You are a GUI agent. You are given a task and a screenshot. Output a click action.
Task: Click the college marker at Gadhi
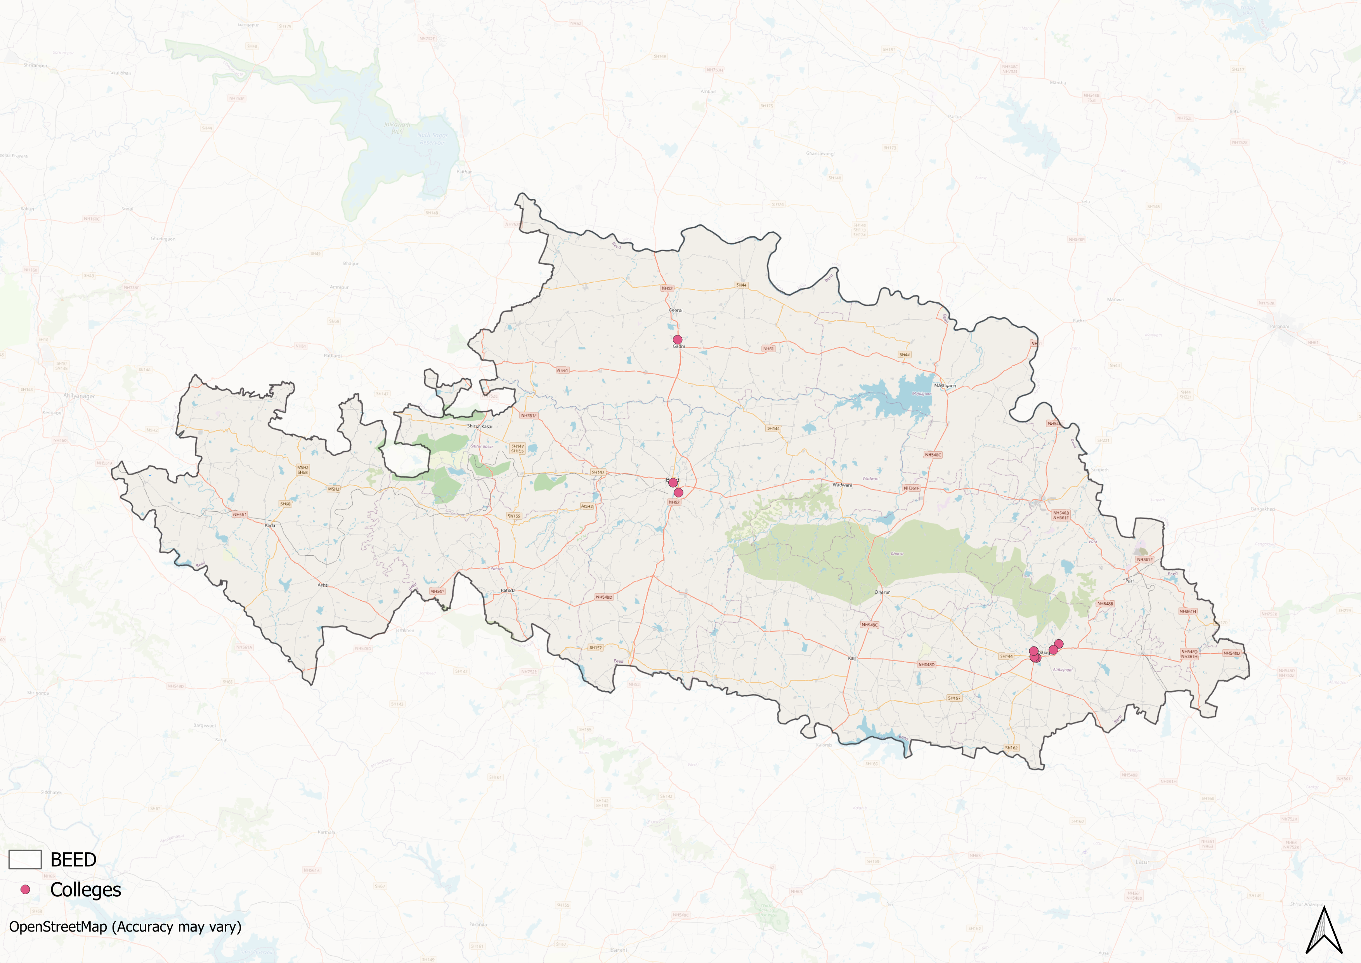pos(677,339)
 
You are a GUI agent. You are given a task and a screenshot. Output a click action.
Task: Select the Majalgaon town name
pos(945,386)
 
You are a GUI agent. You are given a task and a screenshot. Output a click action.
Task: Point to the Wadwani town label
pos(842,485)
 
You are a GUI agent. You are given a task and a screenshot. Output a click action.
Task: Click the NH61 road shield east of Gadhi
pos(768,349)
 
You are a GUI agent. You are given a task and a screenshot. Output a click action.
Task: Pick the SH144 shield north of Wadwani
pos(773,428)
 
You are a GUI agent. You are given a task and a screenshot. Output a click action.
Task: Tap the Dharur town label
pos(882,592)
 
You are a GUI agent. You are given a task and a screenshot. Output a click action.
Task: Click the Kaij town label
pos(852,658)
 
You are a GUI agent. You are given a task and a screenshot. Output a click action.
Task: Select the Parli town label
pos(1130,581)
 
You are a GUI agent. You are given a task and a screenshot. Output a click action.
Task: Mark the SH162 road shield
pos(1011,748)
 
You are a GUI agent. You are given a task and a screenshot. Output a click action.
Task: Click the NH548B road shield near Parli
pos(1105,604)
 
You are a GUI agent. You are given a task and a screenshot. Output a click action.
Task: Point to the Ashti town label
pos(323,585)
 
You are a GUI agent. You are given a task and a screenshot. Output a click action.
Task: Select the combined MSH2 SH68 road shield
pos(303,469)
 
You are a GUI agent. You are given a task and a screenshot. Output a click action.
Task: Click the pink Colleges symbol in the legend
pos(25,890)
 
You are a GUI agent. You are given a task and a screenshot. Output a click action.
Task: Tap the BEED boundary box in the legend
pos(25,859)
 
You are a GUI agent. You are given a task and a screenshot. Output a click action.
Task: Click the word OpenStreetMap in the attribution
pos(57,927)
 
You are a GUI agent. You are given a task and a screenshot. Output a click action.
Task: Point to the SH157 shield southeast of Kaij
pos(954,698)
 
